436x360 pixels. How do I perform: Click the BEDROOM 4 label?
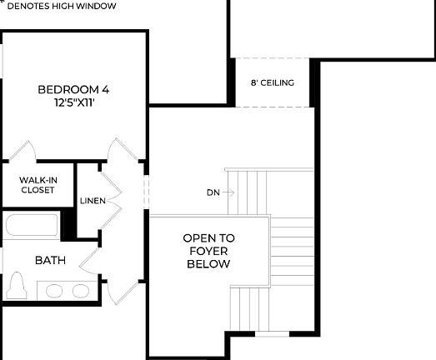pyautogui.click(x=73, y=89)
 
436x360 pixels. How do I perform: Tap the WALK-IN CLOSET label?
pyautogui.click(x=38, y=184)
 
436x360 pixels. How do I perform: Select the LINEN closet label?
pyautogui.click(x=92, y=201)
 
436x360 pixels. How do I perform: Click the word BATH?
pyautogui.click(x=50, y=260)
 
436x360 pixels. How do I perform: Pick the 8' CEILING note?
pyautogui.click(x=273, y=83)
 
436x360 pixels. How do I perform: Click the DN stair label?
pyautogui.click(x=213, y=192)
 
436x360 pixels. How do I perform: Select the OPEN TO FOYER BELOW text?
pyautogui.click(x=208, y=251)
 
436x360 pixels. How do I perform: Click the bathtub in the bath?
pyautogui.click(x=32, y=227)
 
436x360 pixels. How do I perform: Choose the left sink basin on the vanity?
pyautogui.click(x=55, y=290)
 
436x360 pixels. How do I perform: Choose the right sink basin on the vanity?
pyautogui.click(x=80, y=290)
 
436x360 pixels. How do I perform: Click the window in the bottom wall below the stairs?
pyautogui.click(x=268, y=334)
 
